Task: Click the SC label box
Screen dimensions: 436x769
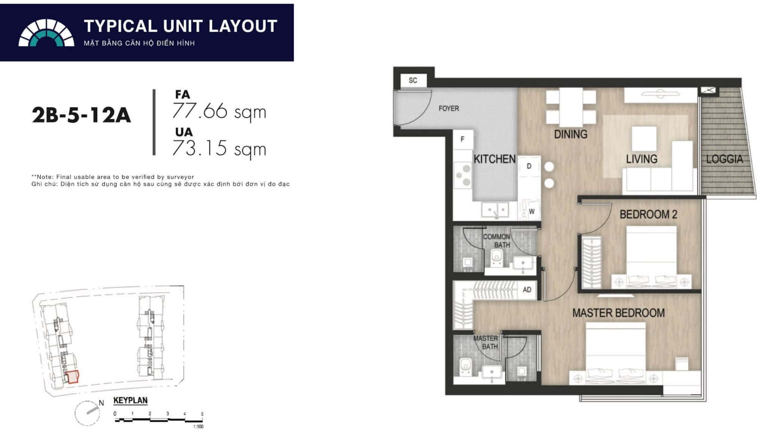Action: pyautogui.click(x=413, y=80)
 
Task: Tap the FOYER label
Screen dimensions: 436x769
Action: pyautogui.click(x=449, y=108)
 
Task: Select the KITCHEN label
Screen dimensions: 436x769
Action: pyautogui.click(x=495, y=159)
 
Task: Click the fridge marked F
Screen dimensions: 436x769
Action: pyautogui.click(x=462, y=139)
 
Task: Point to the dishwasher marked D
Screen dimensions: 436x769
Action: pyautogui.click(x=529, y=166)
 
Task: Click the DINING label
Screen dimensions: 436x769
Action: pyautogui.click(x=570, y=134)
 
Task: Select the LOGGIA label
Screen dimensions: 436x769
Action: pyautogui.click(x=724, y=159)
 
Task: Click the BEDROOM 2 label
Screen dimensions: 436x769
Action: pyautogui.click(x=648, y=214)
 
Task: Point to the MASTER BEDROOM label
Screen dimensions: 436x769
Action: pyautogui.click(x=618, y=313)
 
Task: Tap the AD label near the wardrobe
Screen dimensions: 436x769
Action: pyautogui.click(x=527, y=289)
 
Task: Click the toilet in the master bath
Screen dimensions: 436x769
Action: pyautogui.click(x=466, y=366)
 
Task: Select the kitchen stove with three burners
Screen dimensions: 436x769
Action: pyautogui.click(x=463, y=175)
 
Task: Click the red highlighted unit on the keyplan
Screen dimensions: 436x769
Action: pyautogui.click(x=72, y=377)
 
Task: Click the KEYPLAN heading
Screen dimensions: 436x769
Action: pyautogui.click(x=130, y=400)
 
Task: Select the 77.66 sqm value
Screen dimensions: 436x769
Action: pyautogui.click(x=219, y=111)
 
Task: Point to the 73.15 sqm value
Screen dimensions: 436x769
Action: pyautogui.click(x=219, y=148)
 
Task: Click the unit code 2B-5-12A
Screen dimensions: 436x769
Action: pyautogui.click(x=81, y=115)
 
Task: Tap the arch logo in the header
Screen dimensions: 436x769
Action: pyautogui.click(x=46, y=33)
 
